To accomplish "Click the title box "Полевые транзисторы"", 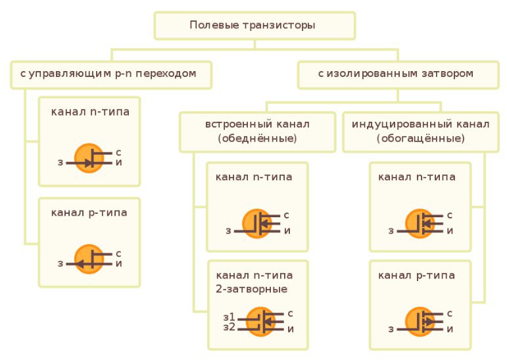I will tap(254, 26).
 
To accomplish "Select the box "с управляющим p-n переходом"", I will tap(110, 74).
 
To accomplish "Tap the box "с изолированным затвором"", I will tap(396, 74).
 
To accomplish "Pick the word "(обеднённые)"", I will tap(257, 139).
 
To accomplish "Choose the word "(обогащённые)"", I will tap(420, 139).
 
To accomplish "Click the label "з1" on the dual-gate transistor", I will tap(229, 317).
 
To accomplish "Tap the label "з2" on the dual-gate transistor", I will tap(229, 327).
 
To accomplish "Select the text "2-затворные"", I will tap(251, 288).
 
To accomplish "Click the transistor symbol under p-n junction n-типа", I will tap(89, 158).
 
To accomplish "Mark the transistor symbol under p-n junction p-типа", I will tap(89, 259).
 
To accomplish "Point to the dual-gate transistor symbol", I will tap(265, 321).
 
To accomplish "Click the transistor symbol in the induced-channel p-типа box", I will tap(420, 322).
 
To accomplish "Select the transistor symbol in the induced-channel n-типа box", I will tap(420, 224).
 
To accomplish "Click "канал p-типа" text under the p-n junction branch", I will tap(89, 213).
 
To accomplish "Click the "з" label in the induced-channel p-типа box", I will tap(391, 328).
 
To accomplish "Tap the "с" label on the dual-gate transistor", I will tap(290, 313).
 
